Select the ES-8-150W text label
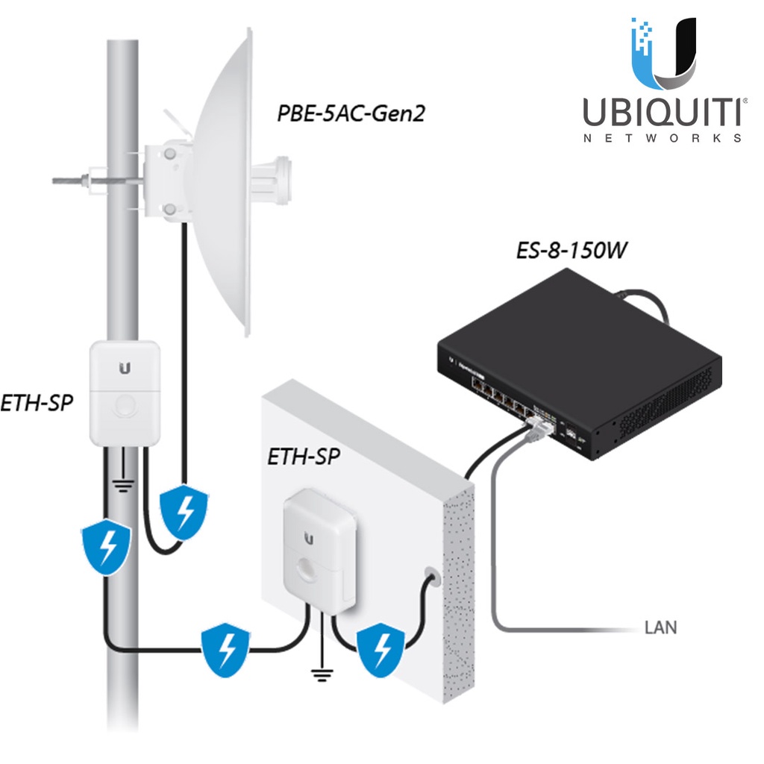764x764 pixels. (571, 250)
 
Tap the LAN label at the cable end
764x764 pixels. (660, 627)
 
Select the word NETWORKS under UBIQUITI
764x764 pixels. (662, 139)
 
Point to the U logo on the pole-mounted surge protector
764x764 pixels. (125, 368)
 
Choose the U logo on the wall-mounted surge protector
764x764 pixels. (308, 536)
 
